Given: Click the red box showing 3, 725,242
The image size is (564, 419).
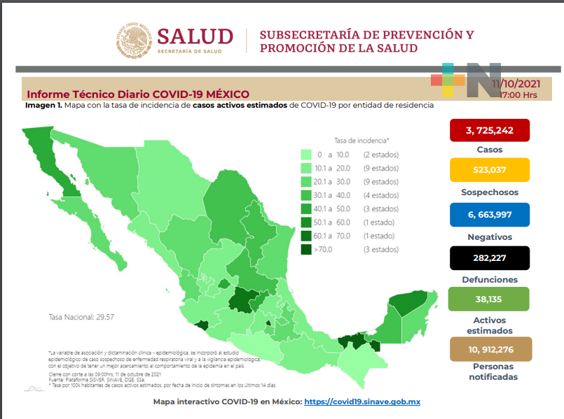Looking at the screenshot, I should [488, 130].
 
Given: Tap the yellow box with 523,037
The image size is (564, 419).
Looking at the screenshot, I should [488, 170].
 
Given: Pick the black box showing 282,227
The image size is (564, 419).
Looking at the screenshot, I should [488, 258].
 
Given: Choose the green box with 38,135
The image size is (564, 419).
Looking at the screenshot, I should [488, 300].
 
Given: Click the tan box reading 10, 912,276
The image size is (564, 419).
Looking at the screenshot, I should [488, 348].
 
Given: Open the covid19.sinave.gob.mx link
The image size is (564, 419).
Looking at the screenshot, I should [362, 403].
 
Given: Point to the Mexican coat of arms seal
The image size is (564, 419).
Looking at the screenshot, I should [134, 41].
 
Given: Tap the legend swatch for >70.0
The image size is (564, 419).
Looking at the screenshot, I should [305, 249].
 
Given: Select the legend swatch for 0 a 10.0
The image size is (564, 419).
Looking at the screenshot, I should [305, 154].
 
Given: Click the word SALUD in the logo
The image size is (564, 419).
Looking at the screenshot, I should [194, 36].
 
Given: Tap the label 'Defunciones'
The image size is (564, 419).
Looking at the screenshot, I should [488, 280].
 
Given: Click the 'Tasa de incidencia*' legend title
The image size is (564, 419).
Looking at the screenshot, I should [362, 140].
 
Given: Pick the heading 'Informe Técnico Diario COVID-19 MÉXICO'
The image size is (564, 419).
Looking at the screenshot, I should [137, 94].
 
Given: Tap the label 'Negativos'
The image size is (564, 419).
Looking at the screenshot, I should [488, 237].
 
